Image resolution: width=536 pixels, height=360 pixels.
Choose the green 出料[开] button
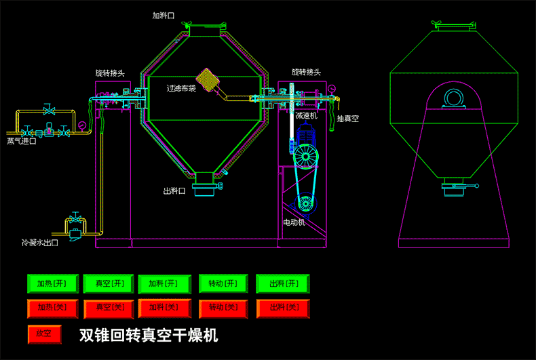click(x=283, y=283)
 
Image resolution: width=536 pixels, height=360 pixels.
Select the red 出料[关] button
click(x=283, y=308)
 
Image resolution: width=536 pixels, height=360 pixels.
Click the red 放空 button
click(x=44, y=334)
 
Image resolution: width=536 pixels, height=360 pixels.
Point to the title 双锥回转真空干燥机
click(x=149, y=335)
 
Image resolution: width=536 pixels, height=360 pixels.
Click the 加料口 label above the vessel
click(x=164, y=14)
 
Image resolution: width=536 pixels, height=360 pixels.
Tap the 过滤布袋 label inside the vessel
click(x=181, y=87)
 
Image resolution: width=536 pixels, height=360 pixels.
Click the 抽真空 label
click(x=347, y=119)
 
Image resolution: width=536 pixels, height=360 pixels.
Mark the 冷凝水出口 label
click(x=39, y=242)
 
